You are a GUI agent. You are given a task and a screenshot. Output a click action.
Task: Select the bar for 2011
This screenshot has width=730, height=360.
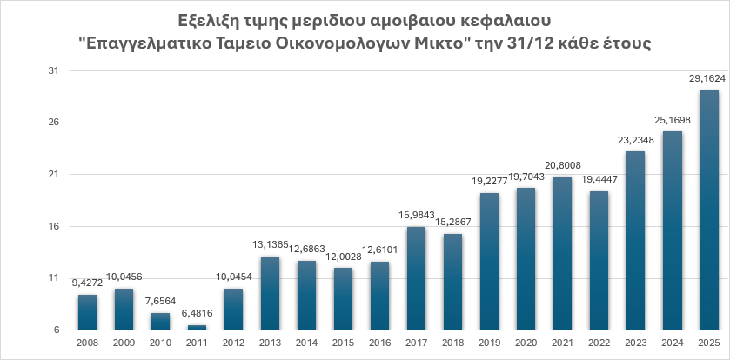click(x=197, y=328)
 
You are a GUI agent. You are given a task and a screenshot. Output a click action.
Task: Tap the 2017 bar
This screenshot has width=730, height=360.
click(x=416, y=278)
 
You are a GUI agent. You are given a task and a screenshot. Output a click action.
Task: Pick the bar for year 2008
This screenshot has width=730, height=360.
click(x=87, y=312)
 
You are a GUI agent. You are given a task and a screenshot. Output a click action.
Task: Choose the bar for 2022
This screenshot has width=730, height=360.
click(x=599, y=261)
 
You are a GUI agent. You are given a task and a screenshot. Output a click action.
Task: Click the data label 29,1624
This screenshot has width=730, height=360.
click(x=709, y=78)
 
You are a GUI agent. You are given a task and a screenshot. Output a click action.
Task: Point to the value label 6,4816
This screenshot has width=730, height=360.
click(x=197, y=314)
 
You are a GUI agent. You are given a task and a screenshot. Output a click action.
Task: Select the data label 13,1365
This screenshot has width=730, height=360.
click(x=270, y=244)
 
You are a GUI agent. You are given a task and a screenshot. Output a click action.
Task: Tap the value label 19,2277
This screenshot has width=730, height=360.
click(x=489, y=181)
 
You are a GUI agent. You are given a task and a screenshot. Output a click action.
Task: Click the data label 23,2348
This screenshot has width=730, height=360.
click(x=636, y=139)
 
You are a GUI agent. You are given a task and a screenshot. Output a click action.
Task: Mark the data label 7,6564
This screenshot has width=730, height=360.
click(x=160, y=302)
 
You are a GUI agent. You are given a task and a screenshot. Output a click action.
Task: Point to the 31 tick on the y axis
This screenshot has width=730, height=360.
click(x=51, y=71)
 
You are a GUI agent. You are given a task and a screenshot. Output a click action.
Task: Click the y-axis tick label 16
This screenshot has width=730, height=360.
click(x=51, y=227)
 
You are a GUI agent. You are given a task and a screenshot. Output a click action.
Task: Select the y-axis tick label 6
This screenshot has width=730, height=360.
click(x=54, y=330)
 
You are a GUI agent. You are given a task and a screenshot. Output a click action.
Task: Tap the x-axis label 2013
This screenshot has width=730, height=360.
click(x=270, y=343)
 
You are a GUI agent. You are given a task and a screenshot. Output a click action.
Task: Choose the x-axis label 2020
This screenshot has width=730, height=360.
click(x=526, y=343)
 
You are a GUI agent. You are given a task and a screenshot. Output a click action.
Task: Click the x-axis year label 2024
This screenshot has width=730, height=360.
click(x=673, y=343)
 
